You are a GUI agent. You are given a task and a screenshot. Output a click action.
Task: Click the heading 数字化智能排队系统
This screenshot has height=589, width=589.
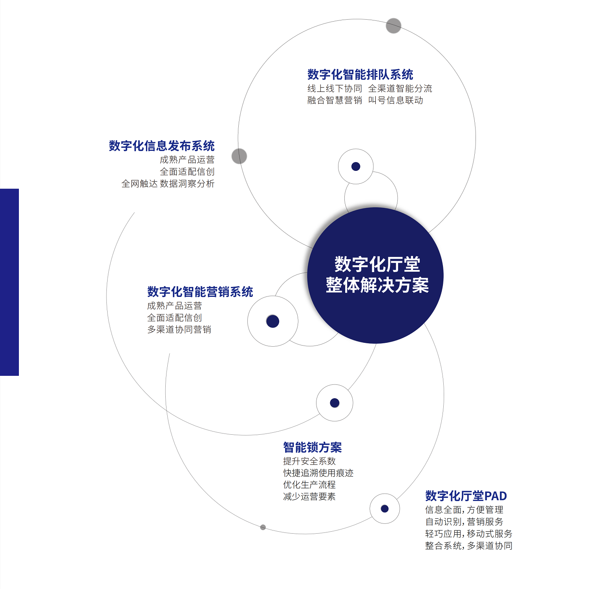point(360,75)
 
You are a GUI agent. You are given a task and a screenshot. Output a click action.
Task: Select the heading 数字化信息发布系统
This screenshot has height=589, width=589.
point(162,146)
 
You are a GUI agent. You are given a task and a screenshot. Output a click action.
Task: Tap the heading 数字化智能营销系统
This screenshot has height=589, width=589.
point(200,292)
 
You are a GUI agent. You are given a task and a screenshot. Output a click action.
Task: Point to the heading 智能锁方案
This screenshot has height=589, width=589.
point(313,447)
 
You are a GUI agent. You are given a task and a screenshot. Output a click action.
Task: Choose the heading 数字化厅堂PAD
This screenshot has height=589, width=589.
point(466,496)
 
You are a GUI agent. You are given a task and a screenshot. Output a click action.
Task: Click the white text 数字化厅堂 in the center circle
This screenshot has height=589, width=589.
point(377,264)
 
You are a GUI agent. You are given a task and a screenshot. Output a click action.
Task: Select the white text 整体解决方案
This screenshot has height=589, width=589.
point(377,285)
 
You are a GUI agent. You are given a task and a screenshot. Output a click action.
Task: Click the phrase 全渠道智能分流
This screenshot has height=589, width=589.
point(400,89)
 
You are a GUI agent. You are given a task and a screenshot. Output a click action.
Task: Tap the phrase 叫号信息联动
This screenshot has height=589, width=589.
point(395,101)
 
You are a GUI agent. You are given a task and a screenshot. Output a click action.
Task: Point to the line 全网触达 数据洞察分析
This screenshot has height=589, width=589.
point(168,184)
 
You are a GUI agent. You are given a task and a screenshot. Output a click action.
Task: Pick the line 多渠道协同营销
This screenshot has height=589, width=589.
point(179,329)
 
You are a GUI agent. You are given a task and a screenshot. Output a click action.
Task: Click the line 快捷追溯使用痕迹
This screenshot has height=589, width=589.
point(318,473)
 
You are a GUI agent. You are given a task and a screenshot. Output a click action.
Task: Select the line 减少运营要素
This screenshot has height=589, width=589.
point(309,497)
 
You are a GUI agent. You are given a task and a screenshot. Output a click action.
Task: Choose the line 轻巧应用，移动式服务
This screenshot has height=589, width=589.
point(469,534)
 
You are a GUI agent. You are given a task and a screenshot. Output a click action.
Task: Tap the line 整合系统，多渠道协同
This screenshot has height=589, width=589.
point(469,546)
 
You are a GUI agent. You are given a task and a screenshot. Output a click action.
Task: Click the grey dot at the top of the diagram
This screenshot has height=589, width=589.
point(393,26)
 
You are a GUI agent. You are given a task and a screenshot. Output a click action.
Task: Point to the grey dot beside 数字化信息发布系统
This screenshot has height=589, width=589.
point(239,156)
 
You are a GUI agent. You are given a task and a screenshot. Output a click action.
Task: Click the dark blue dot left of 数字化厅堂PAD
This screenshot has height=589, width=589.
point(385,509)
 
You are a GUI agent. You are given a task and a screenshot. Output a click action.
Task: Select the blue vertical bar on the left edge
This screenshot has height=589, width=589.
point(9,282)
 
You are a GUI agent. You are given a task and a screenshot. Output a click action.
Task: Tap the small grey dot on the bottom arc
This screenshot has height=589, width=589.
point(263,527)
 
